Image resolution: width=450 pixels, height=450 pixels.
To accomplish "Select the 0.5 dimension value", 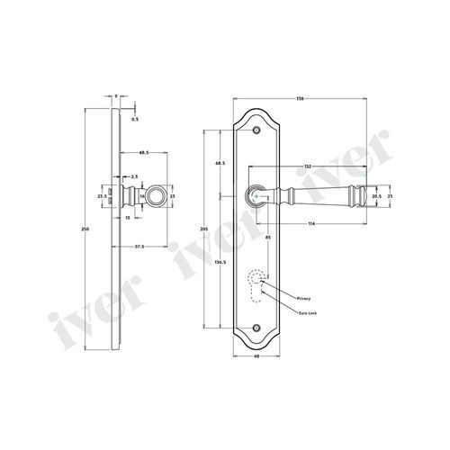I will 134,117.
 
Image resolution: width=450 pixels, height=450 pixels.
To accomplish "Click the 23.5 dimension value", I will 102,194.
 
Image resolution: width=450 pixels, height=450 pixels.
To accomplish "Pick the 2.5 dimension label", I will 133,177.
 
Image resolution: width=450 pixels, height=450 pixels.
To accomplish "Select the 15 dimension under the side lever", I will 130,217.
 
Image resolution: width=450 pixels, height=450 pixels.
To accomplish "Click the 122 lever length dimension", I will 309,166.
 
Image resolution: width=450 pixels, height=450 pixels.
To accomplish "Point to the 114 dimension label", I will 310,223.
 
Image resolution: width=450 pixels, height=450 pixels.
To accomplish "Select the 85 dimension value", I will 269,237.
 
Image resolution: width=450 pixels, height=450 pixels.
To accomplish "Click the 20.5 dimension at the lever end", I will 376,194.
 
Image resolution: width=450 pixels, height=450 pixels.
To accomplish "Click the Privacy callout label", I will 302,296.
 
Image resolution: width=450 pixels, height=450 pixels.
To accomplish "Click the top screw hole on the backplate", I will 260,131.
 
